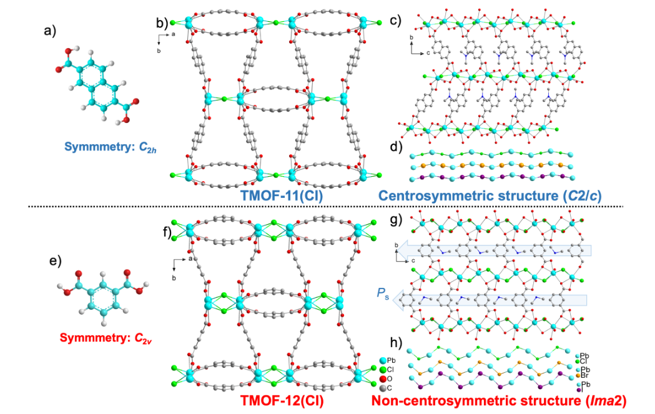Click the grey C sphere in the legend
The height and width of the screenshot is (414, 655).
382,388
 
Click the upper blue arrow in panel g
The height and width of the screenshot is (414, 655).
493,251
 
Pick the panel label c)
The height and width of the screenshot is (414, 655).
395,19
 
